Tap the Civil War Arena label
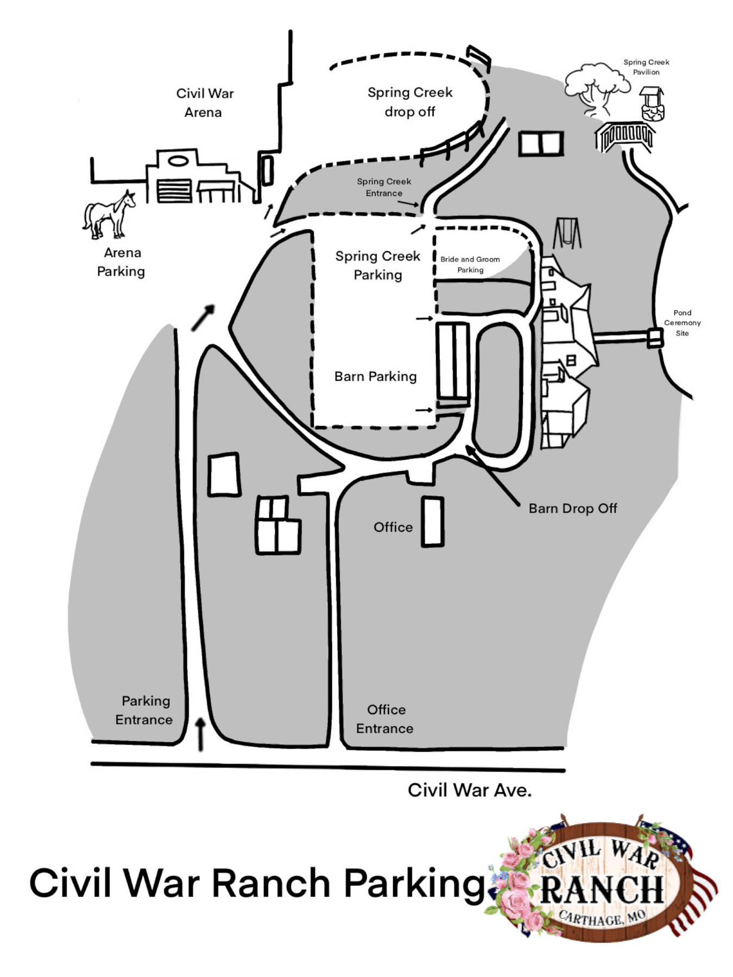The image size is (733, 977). tap(205, 103)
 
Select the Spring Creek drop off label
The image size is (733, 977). tap(410, 102)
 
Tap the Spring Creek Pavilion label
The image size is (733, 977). tap(646, 67)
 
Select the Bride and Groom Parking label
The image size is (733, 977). tap(470, 264)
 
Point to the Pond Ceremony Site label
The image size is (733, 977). tap(683, 323)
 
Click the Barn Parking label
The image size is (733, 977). tap(375, 377)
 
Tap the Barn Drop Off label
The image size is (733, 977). tap(573, 509)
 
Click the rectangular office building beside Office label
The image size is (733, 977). tap(433, 521)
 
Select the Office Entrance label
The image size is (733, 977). tap(385, 719)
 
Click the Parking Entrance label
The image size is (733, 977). tap(144, 710)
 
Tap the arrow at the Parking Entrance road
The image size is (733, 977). tap(201, 734)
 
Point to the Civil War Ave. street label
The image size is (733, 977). tap(470, 790)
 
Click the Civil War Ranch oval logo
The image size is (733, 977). tap(603, 881)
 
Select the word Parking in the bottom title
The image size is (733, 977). tap(414, 885)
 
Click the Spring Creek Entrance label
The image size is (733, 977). tap(384, 187)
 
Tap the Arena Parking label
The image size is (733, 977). tap(121, 262)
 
